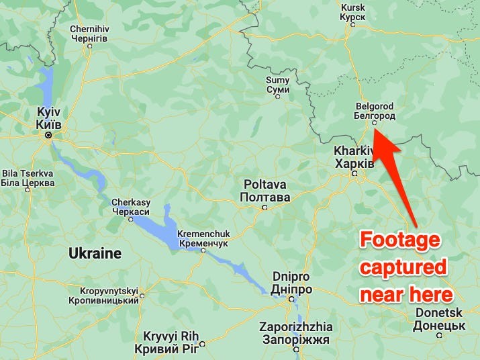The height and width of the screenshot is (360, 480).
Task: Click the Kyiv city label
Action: coord(48,117)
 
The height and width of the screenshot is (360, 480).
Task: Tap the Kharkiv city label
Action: coord(354,158)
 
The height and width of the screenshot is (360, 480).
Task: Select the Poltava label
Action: coord(265,190)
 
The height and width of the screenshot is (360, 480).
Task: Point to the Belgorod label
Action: coord(373,111)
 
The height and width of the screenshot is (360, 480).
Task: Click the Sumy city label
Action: coord(277,85)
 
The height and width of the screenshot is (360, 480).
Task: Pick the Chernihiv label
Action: coord(89,34)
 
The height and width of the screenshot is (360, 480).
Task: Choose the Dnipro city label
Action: coord(292,282)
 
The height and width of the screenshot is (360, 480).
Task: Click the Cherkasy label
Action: coord(130,207)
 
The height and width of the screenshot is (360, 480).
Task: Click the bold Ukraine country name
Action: coord(95,254)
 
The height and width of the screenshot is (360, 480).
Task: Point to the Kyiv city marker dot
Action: coord(48,135)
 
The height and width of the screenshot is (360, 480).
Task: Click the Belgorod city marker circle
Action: coord(375,123)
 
